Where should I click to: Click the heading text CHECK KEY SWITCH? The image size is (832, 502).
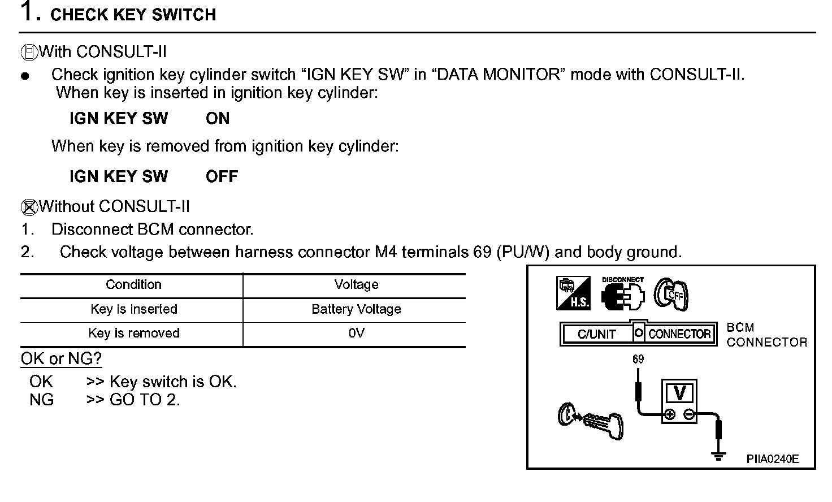tap(133, 15)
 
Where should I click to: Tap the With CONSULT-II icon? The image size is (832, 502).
tap(29, 53)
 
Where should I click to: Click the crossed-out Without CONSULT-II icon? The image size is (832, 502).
tap(29, 207)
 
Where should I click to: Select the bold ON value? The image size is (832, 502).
tap(218, 119)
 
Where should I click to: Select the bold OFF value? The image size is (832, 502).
tap(222, 176)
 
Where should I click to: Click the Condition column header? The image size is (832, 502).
tap(133, 284)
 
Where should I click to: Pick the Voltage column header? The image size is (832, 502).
tap(356, 284)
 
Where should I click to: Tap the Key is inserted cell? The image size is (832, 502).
tap(133, 309)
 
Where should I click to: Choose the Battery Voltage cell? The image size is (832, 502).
tap(356, 309)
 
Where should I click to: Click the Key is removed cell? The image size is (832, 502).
tap(133, 333)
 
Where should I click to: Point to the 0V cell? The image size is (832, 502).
tap(356, 333)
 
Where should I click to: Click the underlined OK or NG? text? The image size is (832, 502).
tap(61, 359)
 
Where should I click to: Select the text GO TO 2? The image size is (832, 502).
tap(145, 400)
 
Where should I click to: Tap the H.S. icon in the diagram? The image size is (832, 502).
tap(573, 293)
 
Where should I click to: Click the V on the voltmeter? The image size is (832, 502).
tap(680, 392)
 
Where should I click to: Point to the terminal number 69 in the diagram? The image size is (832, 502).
tap(638, 359)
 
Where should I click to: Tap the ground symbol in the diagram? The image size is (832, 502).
tap(718, 456)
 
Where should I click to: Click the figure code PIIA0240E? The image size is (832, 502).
tap(772, 459)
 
